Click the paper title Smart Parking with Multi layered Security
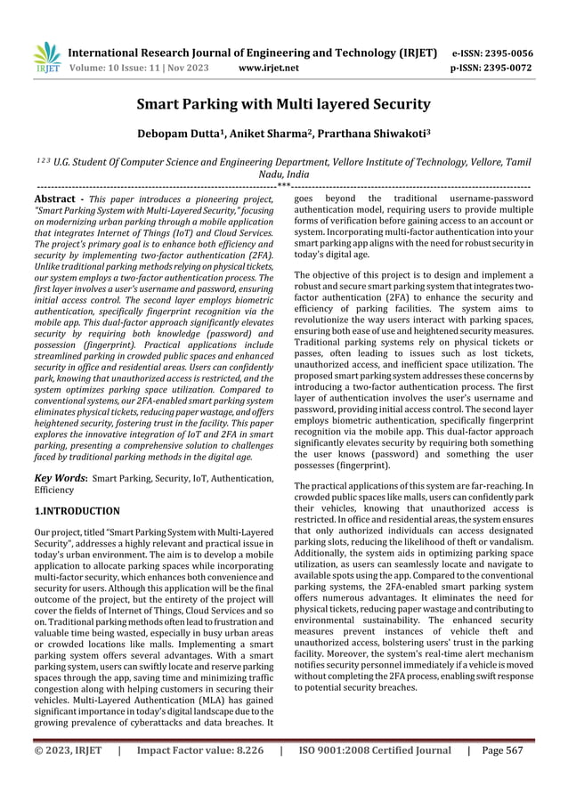(283, 105)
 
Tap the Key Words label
(60, 478)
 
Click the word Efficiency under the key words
(56, 490)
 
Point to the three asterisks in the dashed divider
(283, 186)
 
